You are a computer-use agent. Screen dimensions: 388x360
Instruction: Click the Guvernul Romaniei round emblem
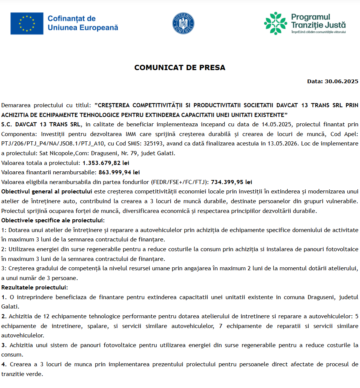(x=183, y=22)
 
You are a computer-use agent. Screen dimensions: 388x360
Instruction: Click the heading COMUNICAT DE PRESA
(x=180, y=68)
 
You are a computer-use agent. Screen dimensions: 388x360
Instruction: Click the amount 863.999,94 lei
(x=119, y=172)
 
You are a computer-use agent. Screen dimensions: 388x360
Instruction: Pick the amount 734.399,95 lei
(x=231, y=182)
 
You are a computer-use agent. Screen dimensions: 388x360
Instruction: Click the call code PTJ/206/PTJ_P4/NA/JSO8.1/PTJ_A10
(x=44, y=144)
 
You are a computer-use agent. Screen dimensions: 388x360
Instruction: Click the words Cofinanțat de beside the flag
(x=72, y=18)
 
